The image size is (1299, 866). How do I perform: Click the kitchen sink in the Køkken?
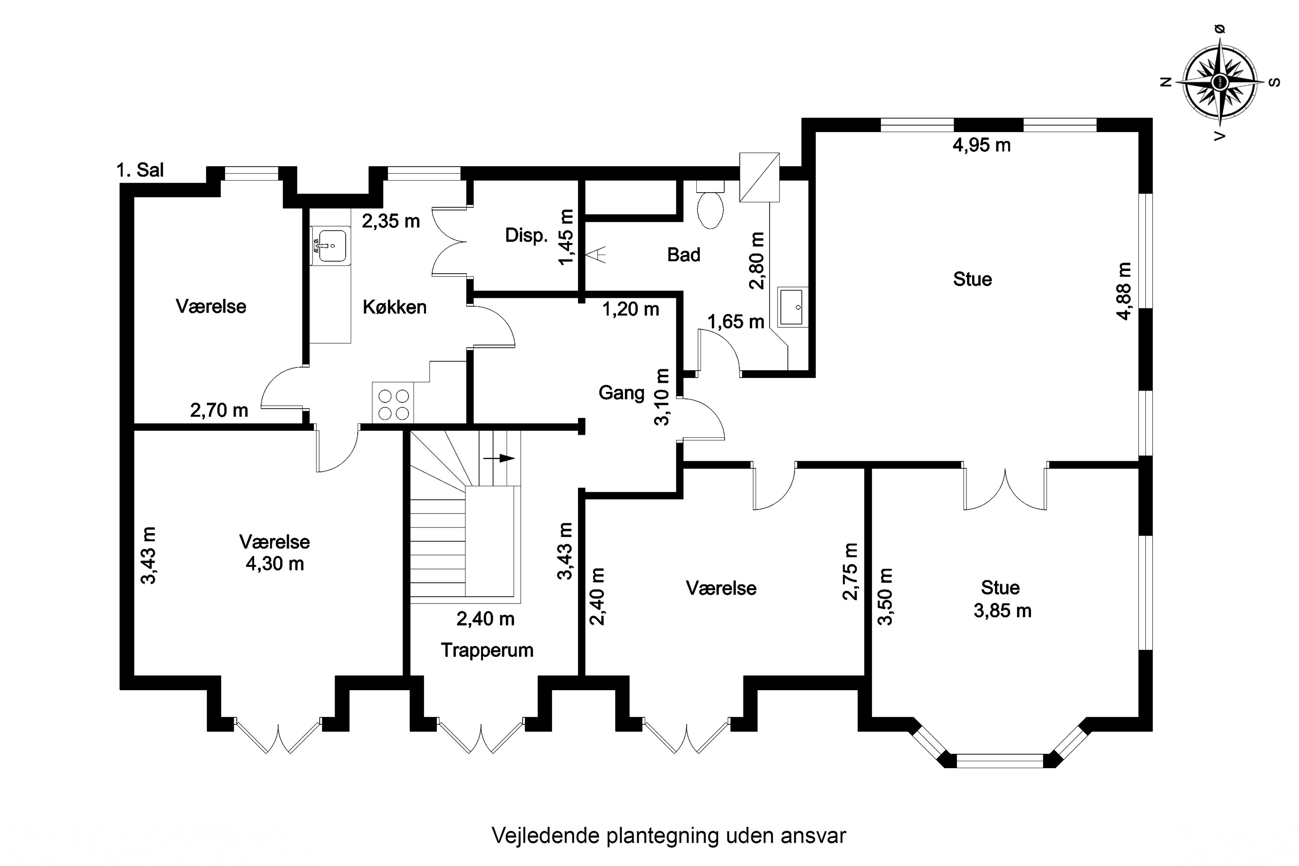pos(330,246)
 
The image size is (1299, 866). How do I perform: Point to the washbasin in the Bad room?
pos(792,307)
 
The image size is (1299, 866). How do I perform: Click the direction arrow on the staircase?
pos(499,458)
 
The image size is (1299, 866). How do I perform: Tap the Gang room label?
pos(621,393)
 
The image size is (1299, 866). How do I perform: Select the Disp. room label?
pos(527,235)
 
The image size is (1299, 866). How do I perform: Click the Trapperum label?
pos(487,650)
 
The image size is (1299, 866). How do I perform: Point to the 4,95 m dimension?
pos(982,145)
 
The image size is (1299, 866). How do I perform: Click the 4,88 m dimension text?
pos(1124,291)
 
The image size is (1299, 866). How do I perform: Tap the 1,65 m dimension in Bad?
pos(736,321)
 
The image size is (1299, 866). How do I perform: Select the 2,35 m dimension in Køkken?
pos(391,221)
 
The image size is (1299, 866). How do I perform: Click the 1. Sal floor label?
pos(140,170)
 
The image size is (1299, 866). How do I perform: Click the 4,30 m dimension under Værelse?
pos(275,564)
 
